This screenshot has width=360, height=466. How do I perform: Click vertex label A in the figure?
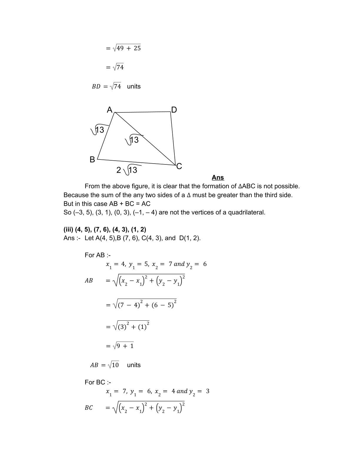(110, 110)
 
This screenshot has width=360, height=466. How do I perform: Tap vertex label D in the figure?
(174, 110)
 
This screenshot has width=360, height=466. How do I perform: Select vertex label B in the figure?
(92, 160)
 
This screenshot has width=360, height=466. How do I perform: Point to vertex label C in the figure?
(179, 167)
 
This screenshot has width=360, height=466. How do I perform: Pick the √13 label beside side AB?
(98, 130)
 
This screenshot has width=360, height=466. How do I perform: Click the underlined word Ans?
(218, 178)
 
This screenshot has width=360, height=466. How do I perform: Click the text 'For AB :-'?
(98, 255)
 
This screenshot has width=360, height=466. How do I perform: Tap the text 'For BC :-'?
(98, 382)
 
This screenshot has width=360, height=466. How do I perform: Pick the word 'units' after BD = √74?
(134, 86)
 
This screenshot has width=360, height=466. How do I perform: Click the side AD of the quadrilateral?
(143, 112)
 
